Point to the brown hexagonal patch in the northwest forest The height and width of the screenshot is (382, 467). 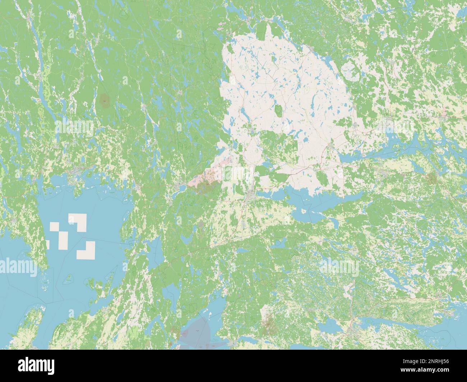(104, 101)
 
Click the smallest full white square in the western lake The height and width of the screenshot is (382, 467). (54, 227)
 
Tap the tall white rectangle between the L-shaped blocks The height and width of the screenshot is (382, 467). (64, 241)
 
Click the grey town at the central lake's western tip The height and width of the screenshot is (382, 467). (250, 195)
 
